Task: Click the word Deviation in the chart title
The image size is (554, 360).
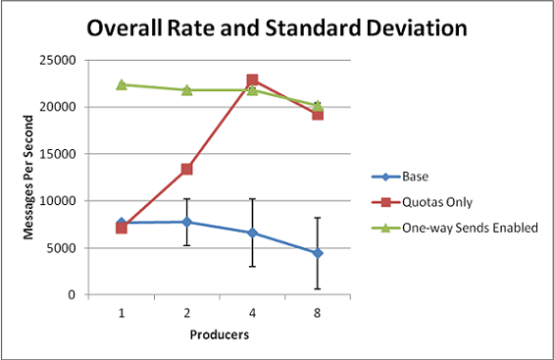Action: point(417,27)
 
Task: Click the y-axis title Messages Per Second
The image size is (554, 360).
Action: point(28,178)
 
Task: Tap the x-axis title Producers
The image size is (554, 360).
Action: point(220,334)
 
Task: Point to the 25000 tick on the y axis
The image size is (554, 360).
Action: point(58,60)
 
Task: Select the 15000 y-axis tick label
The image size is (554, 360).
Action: point(58,154)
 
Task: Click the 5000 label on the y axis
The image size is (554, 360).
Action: point(61,248)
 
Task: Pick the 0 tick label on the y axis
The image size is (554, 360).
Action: point(73,294)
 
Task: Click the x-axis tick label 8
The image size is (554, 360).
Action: point(318,313)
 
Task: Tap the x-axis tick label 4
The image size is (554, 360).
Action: point(252,313)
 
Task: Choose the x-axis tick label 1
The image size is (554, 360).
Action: point(122,313)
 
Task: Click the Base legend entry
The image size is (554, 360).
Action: point(400,177)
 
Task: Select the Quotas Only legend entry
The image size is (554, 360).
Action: point(422,202)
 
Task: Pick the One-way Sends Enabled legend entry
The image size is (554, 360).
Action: point(455,228)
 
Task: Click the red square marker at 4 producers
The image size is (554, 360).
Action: point(252,80)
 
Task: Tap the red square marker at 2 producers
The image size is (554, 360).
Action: point(187,170)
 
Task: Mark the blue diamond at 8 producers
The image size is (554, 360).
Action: point(318,253)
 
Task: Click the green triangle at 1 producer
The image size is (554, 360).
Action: point(122,84)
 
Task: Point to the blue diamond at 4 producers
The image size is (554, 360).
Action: point(252,232)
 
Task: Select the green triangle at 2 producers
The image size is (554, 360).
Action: point(187,90)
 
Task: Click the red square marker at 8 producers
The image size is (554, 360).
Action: point(318,115)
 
